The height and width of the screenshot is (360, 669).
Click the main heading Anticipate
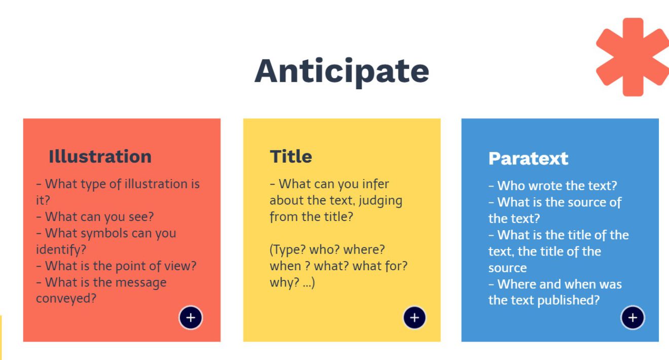(x=342, y=71)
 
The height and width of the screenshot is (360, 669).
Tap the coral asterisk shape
(x=633, y=57)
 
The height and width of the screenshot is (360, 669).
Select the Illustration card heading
(x=100, y=156)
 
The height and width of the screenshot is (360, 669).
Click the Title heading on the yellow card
(x=291, y=156)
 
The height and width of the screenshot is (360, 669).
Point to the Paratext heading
(x=528, y=158)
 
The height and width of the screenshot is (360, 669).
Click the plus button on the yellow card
(x=414, y=317)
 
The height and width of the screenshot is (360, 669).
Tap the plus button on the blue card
(x=633, y=317)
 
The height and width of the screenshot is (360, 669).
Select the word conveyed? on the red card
(x=66, y=299)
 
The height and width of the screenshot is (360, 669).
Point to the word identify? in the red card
(x=61, y=249)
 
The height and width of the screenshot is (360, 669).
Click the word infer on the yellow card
(x=376, y=184)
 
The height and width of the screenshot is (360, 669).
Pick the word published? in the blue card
(x=569, y=300)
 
